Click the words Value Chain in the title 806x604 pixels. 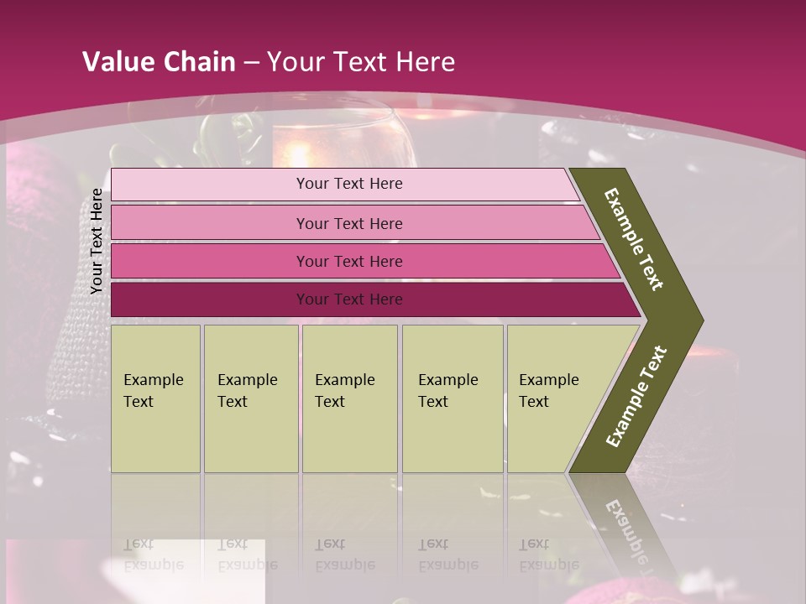point(159,62)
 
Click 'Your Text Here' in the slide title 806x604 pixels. point(361,62)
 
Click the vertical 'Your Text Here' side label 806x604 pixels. point(97,241)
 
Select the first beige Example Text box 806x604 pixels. point(155,398)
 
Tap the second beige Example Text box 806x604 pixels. point(250,398)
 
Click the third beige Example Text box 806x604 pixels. point(349,398)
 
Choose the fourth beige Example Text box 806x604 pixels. point(453,398)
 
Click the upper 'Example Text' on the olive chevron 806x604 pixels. point(634,239)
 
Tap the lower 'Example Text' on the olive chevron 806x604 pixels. point(636,397)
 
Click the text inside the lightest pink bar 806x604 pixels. point(349,184)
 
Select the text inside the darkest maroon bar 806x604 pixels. point(349,299)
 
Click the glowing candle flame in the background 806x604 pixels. point(298,153)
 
